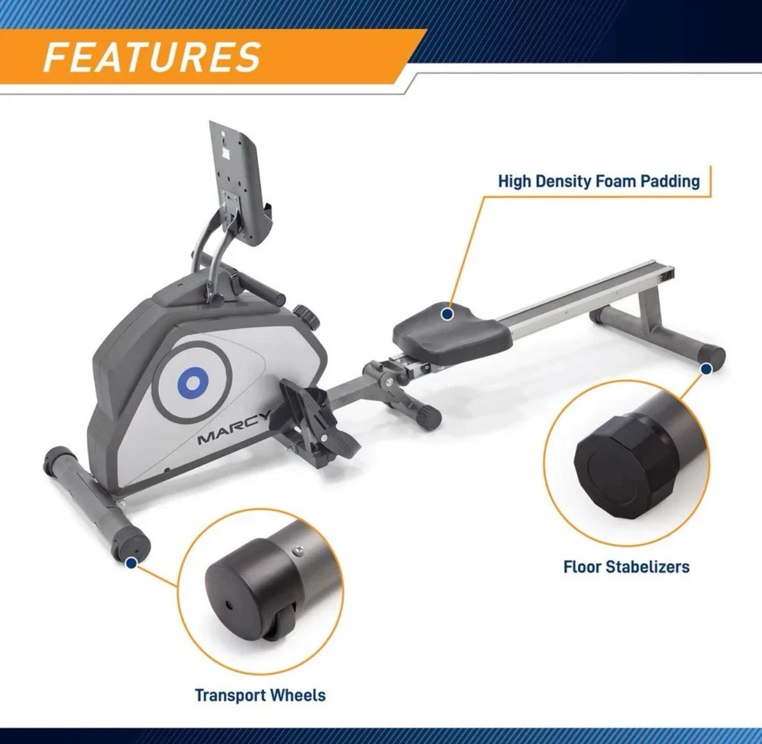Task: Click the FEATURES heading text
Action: click(152, 57)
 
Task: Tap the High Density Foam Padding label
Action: click(599, 181)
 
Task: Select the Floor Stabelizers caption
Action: click(626, 566)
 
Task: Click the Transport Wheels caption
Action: click(260, 695)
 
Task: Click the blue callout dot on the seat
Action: click(447, 314)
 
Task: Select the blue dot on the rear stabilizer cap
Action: click(705, 369)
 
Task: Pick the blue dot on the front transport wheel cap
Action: click(132, 561)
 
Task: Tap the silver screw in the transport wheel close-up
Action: click(297, 551)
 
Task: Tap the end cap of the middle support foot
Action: click(429, 417)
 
